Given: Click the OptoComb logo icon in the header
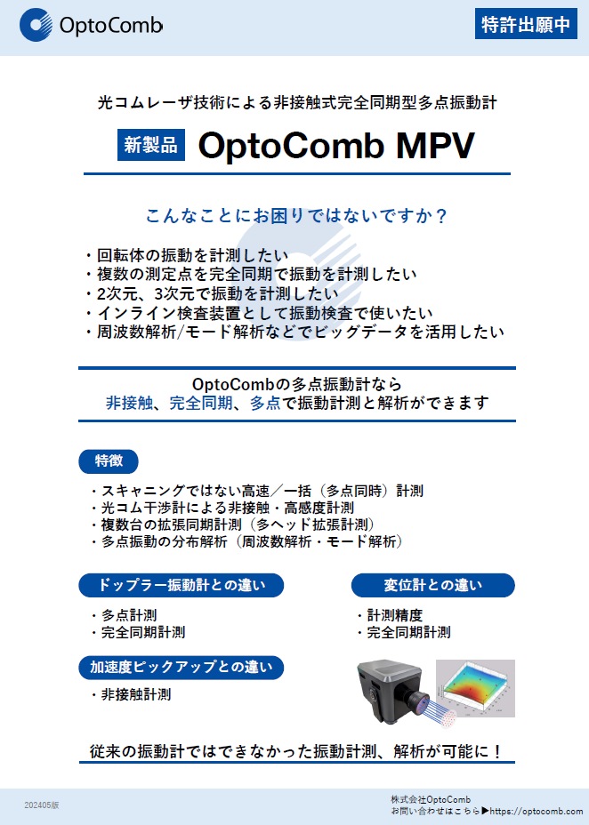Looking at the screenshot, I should pos(36,25).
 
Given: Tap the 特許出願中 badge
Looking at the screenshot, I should pos(525,25).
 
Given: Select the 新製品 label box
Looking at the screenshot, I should pos(151,145).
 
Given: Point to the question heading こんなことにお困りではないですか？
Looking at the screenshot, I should pos(295,215).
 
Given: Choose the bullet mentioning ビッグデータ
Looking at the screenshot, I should pos(298,332).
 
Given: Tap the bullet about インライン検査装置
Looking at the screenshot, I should pos(262,313).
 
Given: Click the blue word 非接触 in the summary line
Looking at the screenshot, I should pos(128,403).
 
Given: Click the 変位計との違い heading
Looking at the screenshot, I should pos(432,585).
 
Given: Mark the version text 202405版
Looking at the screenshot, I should pos(42,805).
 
